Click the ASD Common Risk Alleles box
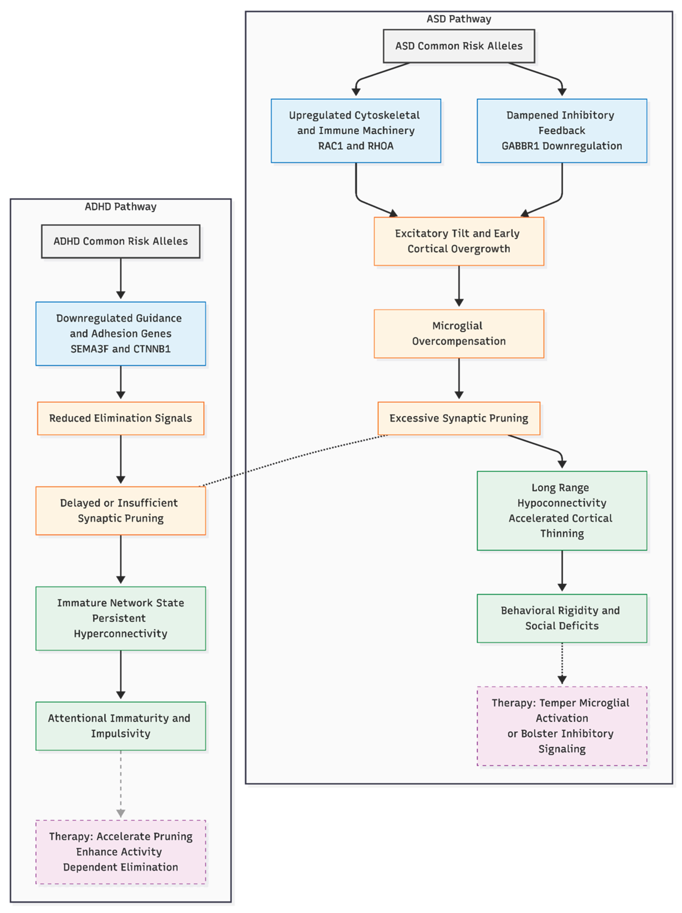coord(459,46)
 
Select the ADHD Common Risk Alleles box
coord(121,241)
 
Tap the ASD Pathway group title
coord(459,19)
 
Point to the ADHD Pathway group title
coord(121,207)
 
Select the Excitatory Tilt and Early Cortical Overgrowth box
coord(459,241)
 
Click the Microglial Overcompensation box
coord(459,334)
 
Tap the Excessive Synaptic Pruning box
coord(459,418)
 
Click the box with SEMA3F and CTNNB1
coord(121,334)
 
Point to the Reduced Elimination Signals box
coord(121,418)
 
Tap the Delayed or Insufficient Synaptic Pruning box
coord(121,510)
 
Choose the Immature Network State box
coord(121,618)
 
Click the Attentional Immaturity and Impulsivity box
coord(121,726)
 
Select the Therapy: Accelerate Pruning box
coord(121,852)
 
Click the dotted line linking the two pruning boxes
coord(293,460)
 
